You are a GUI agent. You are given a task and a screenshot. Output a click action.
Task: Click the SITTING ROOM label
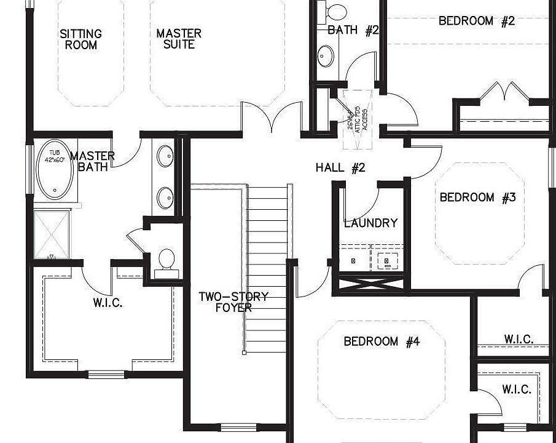coord(80,39)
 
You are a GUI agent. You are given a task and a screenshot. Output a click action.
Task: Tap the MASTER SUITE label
coord(178,39)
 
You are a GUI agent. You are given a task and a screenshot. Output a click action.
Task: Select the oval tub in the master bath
coord(54,172)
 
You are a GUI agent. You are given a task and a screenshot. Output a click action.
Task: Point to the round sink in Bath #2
coord(326,57)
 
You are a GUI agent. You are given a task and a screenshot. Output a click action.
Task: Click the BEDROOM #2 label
coord(476,21)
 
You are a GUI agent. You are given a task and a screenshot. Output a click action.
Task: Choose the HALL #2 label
coord(340,167)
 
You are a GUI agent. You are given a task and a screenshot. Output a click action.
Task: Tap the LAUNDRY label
coord(370,223)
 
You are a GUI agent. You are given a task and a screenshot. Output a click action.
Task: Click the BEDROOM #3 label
coord(477,198)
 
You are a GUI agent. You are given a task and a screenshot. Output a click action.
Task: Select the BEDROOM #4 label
coord(381,341)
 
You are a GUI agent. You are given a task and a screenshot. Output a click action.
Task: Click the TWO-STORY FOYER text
coord(233,302)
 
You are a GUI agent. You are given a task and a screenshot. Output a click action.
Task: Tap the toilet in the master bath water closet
coord(166,261)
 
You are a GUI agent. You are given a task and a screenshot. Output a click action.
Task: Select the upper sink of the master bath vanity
coord(165,156)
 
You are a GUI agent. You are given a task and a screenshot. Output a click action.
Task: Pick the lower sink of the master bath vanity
coord(165,198)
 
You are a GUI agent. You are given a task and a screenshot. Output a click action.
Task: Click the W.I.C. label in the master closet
coord(108,303)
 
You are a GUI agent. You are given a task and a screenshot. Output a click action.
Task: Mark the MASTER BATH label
coord(92,161)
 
